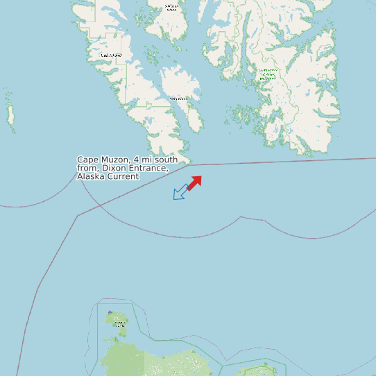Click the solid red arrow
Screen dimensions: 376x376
[194, 182]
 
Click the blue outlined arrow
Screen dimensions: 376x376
[180, 192]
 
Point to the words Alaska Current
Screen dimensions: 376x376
[108, 177]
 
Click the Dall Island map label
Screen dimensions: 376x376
[111, 55]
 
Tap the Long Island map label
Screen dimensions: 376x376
[179, 99]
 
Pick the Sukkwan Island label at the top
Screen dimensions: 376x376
[171, 8]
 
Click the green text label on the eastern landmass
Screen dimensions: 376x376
[267, 74]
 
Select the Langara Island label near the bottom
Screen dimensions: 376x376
[120, 323]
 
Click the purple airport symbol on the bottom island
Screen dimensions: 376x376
[110, 313]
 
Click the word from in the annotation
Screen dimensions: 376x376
[87, 169]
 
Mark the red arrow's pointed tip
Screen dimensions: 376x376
[200, 176]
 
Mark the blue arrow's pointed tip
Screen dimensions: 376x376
[174, 198]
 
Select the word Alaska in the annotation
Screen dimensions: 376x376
[92, 177]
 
